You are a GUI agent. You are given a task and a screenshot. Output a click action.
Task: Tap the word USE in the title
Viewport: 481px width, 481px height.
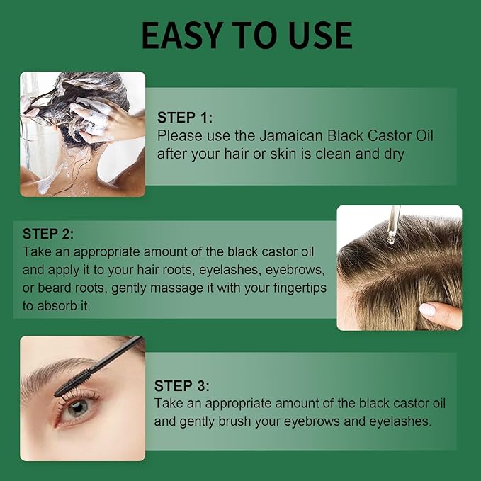point(313,35)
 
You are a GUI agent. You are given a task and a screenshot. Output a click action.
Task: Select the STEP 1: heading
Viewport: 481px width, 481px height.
point(185,118)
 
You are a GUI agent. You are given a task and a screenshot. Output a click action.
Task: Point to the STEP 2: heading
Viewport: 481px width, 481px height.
point(48,234)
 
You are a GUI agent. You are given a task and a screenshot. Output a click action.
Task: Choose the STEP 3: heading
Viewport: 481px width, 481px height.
point(182,386)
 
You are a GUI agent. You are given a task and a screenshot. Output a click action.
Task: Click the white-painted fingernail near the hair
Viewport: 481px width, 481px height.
point(427,309)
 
